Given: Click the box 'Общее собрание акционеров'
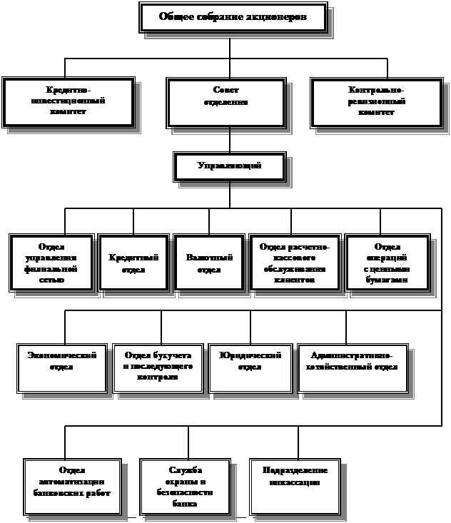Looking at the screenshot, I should [x=233, y=17].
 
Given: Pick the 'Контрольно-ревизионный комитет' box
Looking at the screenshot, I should [x=375, y=102].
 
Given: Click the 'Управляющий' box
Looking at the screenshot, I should [x=229, y=166].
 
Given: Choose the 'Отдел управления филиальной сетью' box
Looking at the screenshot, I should [x=53, y=263].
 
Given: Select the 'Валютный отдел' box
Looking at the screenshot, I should [x=209, y=263].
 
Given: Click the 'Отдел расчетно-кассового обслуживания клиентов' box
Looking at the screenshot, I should [x=293, y=263].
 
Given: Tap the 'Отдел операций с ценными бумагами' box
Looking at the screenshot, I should [x=387, y=263].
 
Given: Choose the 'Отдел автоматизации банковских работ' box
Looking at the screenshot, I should [x=72, y=486].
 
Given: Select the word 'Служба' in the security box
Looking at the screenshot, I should [x=186, y=470].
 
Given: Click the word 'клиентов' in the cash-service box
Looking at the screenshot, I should [x=293, y=280].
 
